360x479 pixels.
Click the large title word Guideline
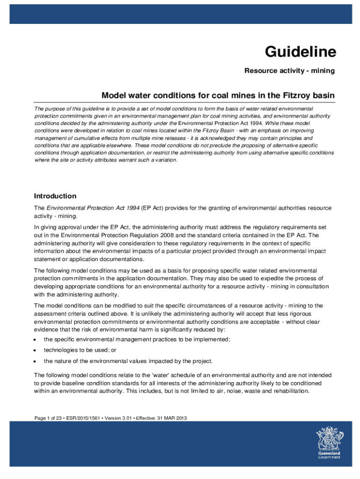coord(301,52)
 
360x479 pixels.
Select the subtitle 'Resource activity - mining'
coord(290,71)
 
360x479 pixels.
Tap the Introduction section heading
coord(55,196)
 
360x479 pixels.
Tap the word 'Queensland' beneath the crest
coord(329,453)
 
